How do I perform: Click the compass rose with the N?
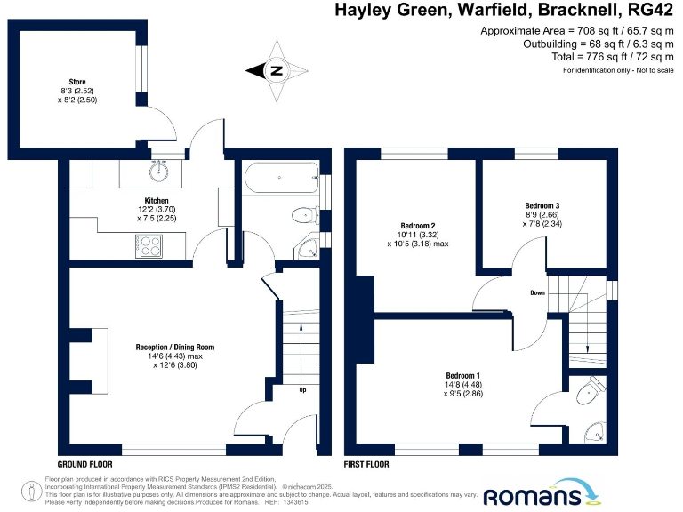tap(277, 70)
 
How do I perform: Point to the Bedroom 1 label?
tap(462, 376)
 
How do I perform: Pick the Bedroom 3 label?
tap(542, 206)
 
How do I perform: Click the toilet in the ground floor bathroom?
tap(304, 214)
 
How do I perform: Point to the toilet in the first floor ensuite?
tap(591, 388)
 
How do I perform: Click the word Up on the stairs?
tap(302, 389)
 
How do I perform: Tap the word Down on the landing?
tap(538, 292)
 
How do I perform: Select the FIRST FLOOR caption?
tap(366, 465)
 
